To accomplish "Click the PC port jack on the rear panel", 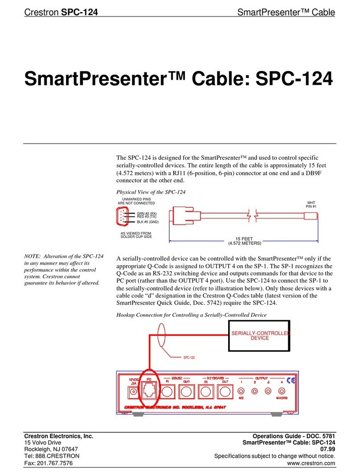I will click(x=149, y=392).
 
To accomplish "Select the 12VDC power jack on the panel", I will click(x=132, y=392).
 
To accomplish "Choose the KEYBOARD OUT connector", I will click(x=225, y=392).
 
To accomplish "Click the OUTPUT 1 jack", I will click(x=241, y=391).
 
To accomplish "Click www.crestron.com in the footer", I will click(x=315, y=464).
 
